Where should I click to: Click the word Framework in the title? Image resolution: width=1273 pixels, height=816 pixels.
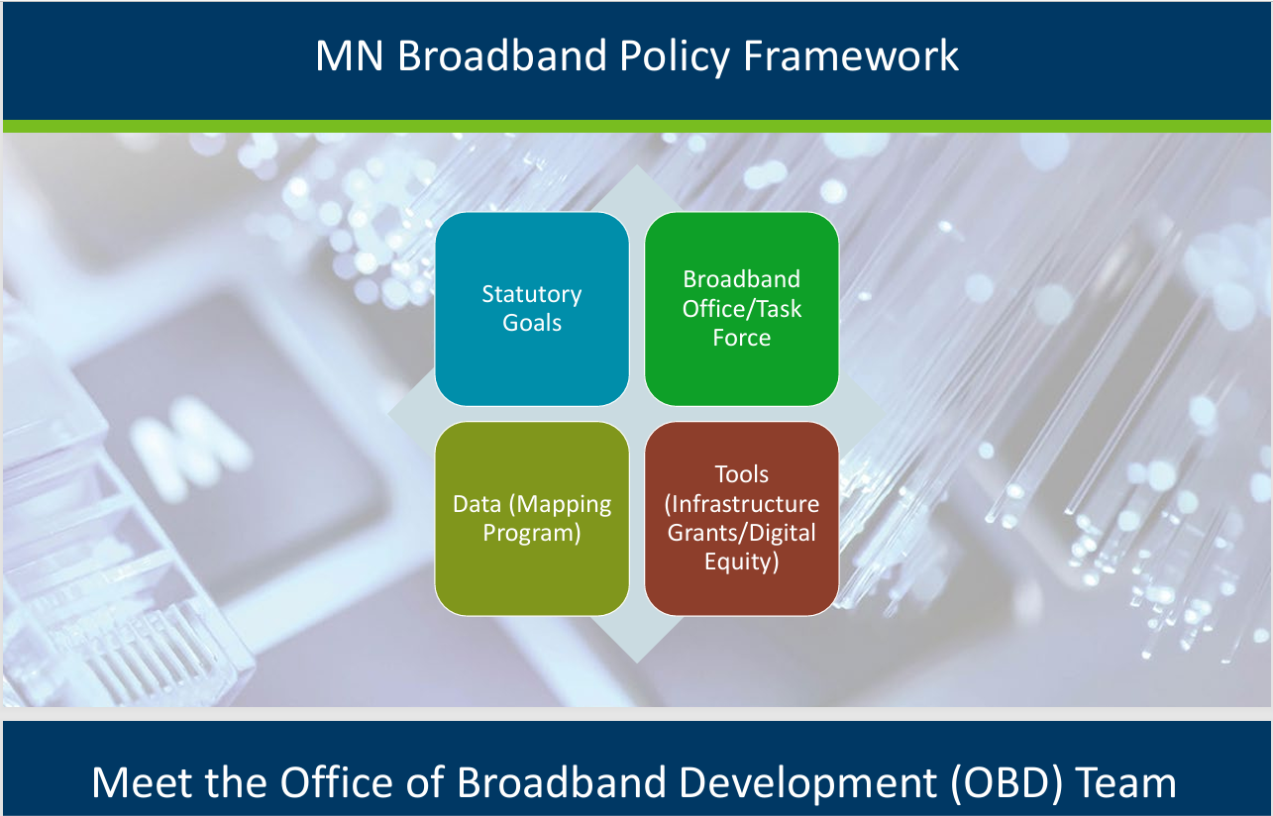[850, 55]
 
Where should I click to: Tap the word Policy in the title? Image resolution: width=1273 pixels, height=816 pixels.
[674, 57]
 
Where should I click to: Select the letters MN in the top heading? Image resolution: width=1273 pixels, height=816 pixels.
[349, 55]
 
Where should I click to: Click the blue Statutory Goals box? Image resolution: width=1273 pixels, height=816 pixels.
[532, 309]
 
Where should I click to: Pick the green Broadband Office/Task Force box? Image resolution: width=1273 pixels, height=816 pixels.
[742, 309]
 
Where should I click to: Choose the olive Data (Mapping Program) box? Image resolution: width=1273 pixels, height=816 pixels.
[532, 518]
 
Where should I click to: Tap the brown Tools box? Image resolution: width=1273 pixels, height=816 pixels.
[742, 518]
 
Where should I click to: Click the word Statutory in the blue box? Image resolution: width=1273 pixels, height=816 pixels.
[532, 294]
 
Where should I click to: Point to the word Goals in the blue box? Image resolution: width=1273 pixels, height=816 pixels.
[532, 323]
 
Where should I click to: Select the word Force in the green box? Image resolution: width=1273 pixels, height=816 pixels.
[742, 338]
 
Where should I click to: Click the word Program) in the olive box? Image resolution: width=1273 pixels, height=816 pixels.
[532, 534]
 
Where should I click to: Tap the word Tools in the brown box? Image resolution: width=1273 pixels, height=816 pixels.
[742, 474]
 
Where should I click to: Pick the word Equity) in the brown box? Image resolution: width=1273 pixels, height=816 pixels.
[742, 562]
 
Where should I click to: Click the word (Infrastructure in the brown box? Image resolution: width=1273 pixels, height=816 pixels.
[742, 504]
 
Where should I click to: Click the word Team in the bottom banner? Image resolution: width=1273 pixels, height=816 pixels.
[1130, 783]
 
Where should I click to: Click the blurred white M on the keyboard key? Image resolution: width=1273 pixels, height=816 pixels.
[190, 449]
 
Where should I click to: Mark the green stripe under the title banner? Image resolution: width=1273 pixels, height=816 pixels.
[636, 126]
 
